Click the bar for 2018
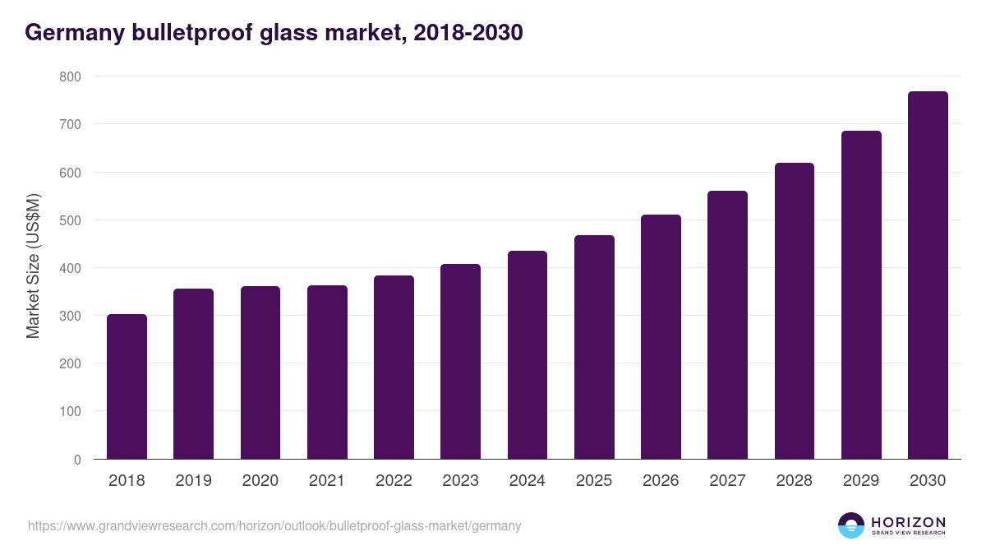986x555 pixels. pos(127,386)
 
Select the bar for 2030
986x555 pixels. pos(928,275)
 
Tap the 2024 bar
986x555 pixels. pos(528,355)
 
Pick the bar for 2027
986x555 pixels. pos(727,325)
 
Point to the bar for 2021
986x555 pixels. pos(327,372)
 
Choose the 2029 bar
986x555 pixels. pos(861,295)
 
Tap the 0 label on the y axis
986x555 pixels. pos(77,460)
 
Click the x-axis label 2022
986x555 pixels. pos(394,481)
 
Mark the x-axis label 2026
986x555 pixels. pos(661,481)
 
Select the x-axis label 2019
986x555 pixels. pos(193,481)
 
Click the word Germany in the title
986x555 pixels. pos(71,33)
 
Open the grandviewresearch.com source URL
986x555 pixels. pos(274,525)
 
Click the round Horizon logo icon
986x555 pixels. pos(851,525)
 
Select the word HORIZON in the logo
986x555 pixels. pos(908,522)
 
